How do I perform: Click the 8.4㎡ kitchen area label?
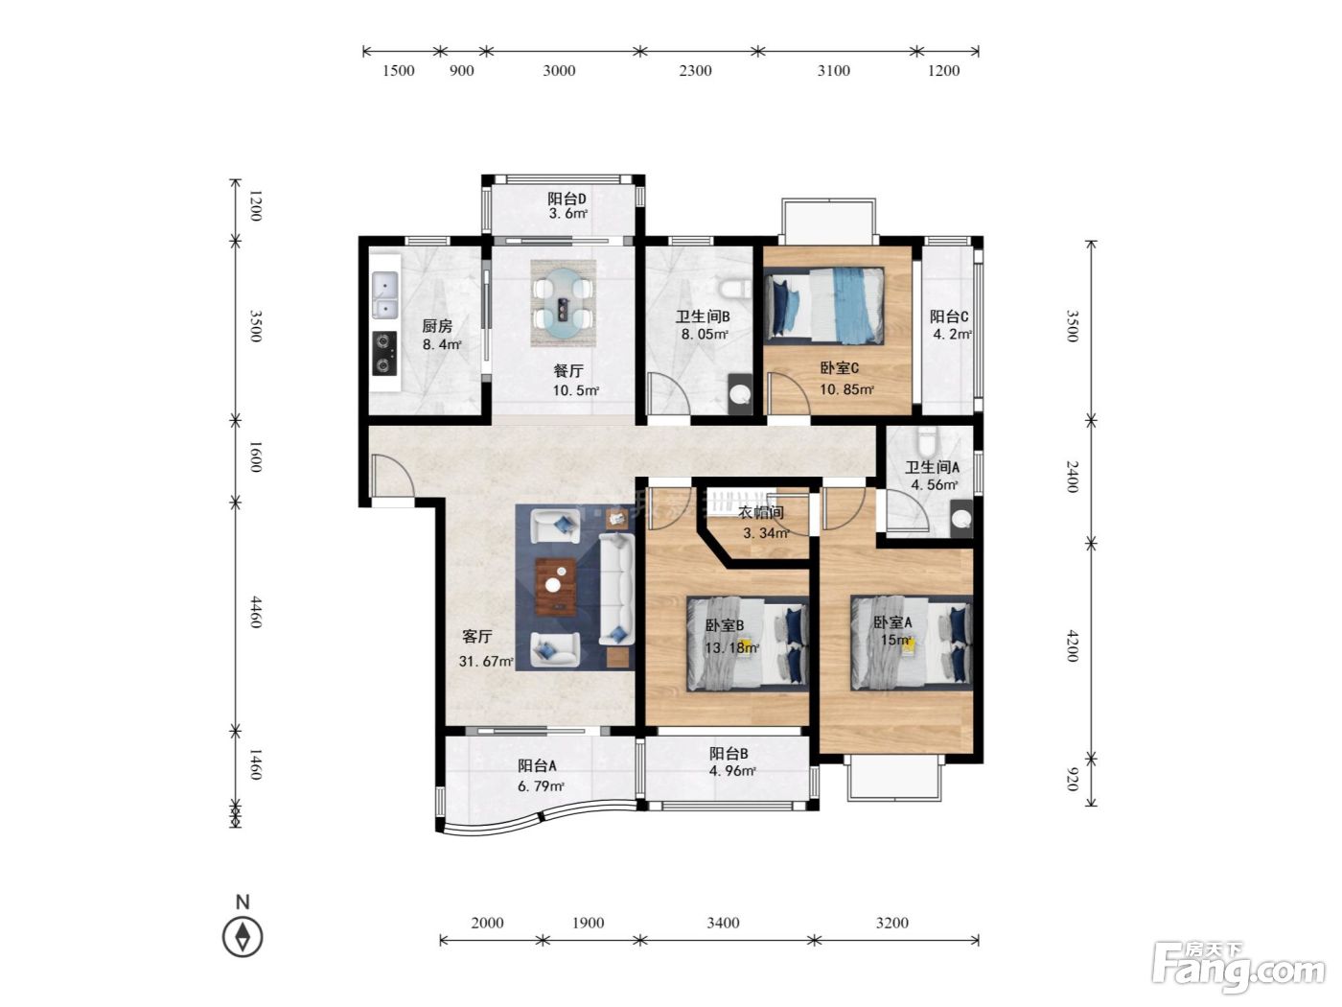point(442,344)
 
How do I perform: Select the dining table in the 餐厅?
point(563,303)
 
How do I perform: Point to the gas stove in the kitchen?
point(384,353)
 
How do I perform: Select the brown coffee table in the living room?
point(556,586)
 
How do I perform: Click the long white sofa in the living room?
point(615,588)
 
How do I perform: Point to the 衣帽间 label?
point(761,512)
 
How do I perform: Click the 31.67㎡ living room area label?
point(485,661)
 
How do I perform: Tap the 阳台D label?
point(567,199)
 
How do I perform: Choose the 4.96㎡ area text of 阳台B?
point(731,771)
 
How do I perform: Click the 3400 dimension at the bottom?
point(724,923)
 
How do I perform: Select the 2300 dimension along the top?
point(695,70)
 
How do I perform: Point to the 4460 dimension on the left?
point(256,612)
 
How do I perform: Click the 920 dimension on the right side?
point(1072,780)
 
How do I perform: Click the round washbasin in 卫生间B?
point(741,393)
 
